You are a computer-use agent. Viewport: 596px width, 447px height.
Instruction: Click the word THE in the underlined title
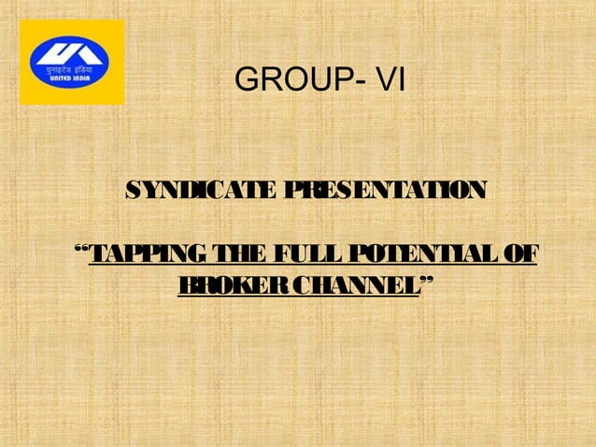click(242, 253)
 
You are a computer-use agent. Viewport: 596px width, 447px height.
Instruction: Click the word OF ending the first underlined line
click(521, 253)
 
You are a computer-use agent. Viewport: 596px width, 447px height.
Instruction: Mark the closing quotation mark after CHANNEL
click(426, 279)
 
